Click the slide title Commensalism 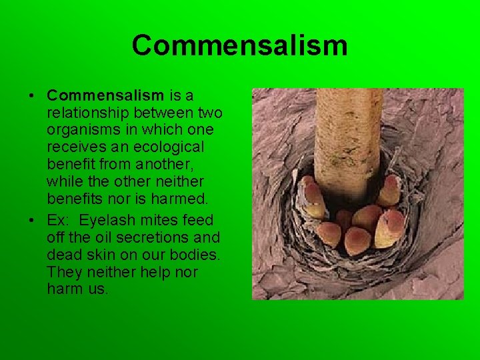239,45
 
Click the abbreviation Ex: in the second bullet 59,220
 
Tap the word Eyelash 105,220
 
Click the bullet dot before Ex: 31,220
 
